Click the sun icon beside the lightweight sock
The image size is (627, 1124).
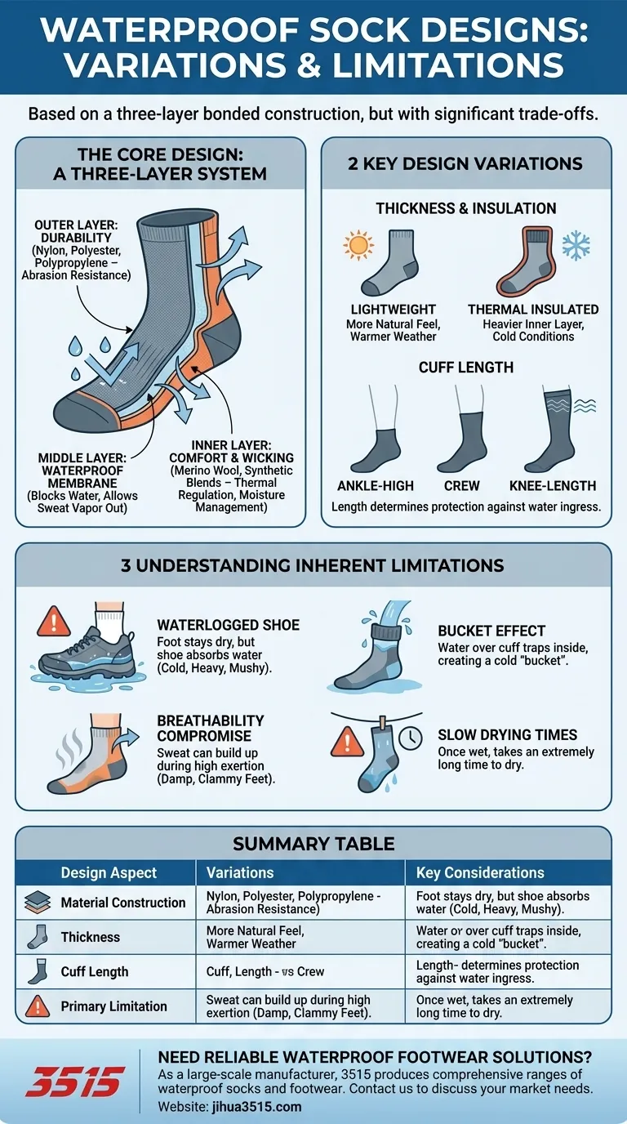358,245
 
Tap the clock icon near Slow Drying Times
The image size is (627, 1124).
411,737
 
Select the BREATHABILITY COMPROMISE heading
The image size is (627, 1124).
211,729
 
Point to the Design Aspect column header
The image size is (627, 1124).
109,873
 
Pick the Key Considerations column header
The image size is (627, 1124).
480,873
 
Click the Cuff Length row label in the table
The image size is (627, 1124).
95,972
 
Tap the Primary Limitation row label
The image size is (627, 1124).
113,1006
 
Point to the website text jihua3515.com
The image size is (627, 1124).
252,1107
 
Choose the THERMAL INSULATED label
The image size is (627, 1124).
533,310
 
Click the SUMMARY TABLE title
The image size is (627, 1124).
313,843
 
